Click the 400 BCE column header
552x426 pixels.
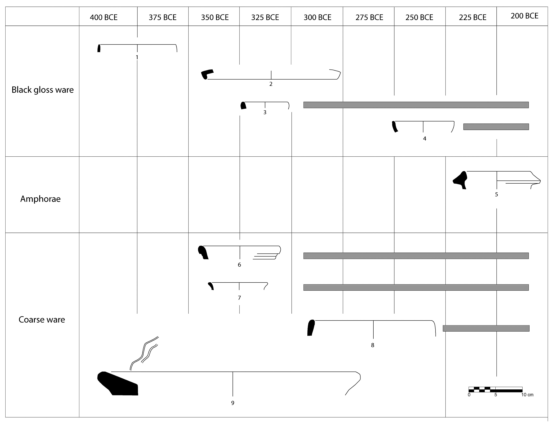104,17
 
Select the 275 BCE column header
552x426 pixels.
369,17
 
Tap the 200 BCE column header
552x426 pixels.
524,16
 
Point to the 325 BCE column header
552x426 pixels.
265,17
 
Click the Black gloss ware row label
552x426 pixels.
43,90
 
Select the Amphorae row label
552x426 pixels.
40,199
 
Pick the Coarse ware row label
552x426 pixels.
42,319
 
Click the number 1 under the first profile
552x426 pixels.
137,58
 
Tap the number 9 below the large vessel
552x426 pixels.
233,403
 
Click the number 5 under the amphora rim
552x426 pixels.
496,194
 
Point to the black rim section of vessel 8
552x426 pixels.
311,328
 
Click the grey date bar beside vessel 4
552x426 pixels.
496,127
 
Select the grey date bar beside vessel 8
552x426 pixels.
486,328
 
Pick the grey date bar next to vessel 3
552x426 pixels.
416,105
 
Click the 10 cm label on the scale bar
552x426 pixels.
527,395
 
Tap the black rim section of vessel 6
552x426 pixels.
203,252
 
